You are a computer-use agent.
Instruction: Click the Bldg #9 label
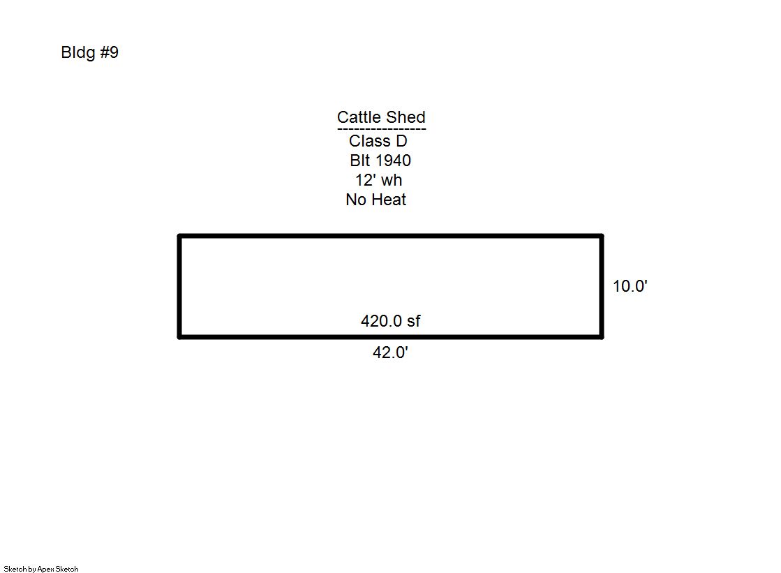[x=89, y=52]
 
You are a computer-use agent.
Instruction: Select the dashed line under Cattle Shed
[x=382, y=130]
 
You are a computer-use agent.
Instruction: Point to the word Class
[x=370, y=141]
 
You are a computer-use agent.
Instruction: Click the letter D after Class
[x=401, y=141]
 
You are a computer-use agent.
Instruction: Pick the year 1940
[x=394, y=161]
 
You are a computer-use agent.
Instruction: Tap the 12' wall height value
[x=366, y=180]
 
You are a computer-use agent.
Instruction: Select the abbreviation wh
[x=392, y=180]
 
